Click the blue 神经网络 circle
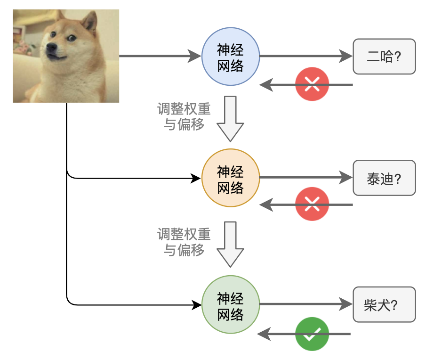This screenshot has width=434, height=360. tap(230, 57)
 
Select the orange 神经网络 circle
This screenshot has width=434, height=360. tap(230, 178)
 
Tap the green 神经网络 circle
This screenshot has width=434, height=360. tap(230, 305)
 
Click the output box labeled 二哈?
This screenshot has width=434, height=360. tap(384, 57)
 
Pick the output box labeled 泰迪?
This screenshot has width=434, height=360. tap(384, 178)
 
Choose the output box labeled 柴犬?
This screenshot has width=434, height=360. tap(384, 304)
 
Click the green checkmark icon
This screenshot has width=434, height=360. tap(312, 334)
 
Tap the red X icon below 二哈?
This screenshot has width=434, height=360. tap(312, 85)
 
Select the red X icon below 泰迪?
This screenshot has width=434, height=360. tap(312, 205)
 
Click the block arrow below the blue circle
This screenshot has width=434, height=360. tap(230, 118)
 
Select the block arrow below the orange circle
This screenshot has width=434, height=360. tap(230, 244)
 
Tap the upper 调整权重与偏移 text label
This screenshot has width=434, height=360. tap(184, 117)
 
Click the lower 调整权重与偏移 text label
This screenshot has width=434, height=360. tap(184, 242)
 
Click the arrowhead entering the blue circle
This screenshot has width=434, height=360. tap(195, 56)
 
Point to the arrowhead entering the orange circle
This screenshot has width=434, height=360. tap(195, 178)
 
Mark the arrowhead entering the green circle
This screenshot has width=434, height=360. tap(195, 305)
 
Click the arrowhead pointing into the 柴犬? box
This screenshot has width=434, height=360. tap(346, 304)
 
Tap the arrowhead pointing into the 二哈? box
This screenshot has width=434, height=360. tap(346, 57)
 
